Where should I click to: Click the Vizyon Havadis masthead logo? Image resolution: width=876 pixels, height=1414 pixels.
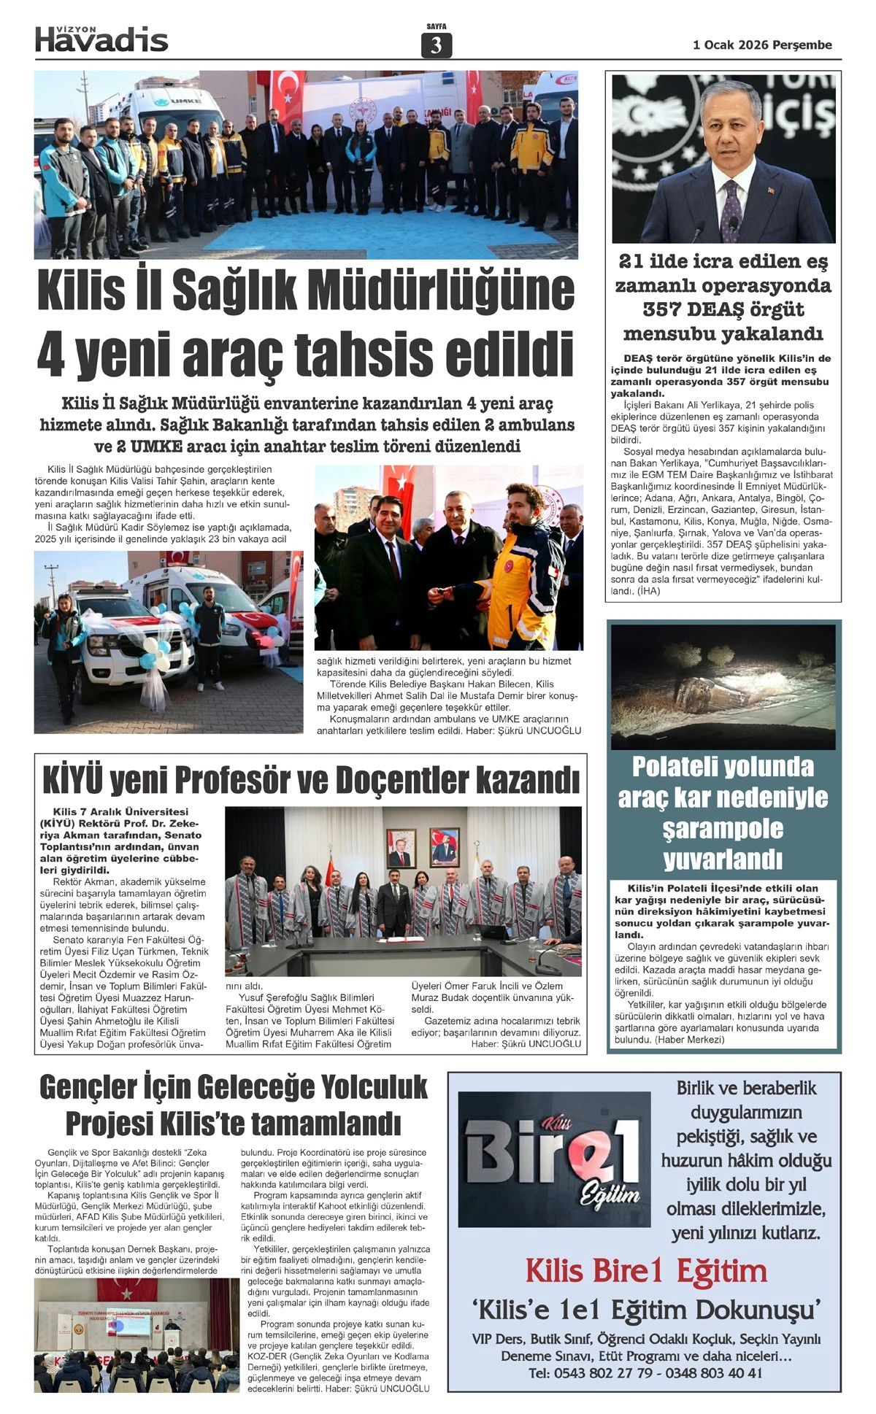[101, 39]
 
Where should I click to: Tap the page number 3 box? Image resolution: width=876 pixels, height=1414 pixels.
[437, 46]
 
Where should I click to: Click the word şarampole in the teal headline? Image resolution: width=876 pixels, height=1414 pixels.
[723, 829]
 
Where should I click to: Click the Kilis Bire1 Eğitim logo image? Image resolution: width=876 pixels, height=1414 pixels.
[554, 1159]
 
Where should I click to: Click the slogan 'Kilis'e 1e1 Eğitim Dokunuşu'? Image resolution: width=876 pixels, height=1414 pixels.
[646, 1310]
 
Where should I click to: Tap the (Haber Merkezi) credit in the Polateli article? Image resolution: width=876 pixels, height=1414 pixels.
[690, 1039]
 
